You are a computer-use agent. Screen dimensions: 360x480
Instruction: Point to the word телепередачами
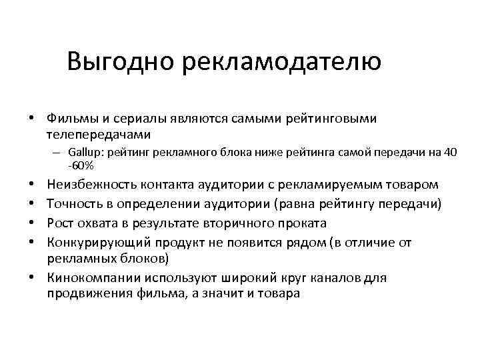[95, 133]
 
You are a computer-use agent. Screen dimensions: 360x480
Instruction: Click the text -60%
[81, 165]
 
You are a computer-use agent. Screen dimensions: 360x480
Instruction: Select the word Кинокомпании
[89, 277]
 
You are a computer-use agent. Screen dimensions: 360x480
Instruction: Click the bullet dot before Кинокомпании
[31, 277]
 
